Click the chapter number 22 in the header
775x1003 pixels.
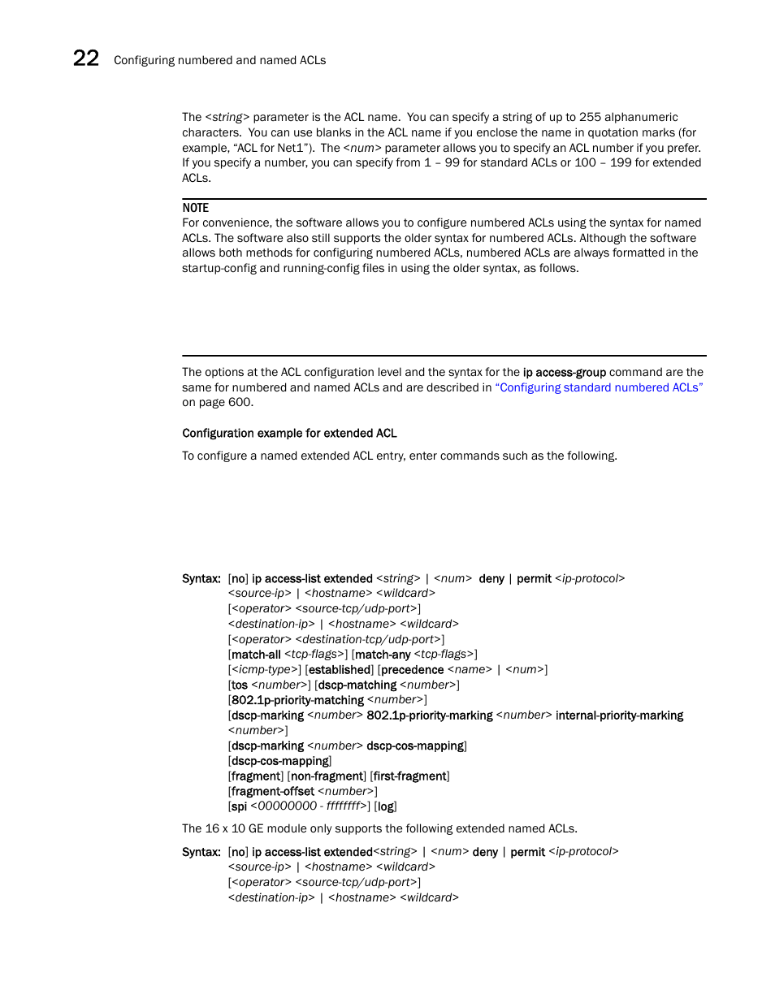pos(86,58)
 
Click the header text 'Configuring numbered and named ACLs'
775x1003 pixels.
pos(219,60)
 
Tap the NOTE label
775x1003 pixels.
pos(195,208)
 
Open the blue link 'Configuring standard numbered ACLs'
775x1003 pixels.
pos(599,387)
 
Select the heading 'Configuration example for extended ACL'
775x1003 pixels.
pos(289,434)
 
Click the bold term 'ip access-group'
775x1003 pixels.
pos(564,373)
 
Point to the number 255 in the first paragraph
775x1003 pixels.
pos(591,117)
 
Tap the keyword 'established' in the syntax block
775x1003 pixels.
pos(340,670)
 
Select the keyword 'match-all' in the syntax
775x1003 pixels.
pos(256,655)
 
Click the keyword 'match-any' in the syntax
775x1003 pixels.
pos(383,655)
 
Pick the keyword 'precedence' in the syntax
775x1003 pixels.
pos(412,670)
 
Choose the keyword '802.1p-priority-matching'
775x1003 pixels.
pos(297,700)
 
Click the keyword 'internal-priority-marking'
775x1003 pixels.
pos(619,716)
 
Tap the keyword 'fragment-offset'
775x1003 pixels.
pos(272,792)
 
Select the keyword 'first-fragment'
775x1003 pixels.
pos(410,776)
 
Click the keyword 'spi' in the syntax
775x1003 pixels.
pos(239,806)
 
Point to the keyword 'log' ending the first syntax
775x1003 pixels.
pos(386,806)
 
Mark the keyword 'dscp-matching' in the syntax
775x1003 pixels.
pos(357,685)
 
